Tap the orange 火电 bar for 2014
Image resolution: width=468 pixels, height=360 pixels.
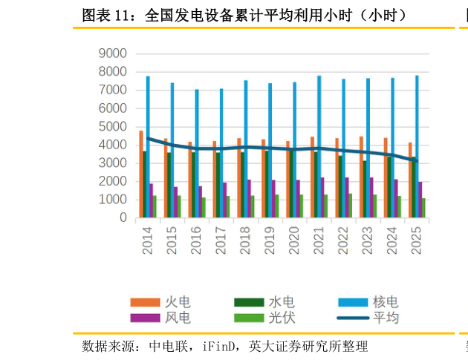[x=141, y=174]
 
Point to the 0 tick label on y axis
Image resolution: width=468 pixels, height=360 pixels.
[x=123, y=218]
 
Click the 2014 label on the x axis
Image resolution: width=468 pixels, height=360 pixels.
[x=147, y=240]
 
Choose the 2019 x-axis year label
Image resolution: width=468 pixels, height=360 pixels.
[x=270, y=240]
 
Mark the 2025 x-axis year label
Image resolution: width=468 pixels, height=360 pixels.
[x=417, y=240]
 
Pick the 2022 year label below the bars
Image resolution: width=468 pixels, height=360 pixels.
[x=343, y=240]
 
